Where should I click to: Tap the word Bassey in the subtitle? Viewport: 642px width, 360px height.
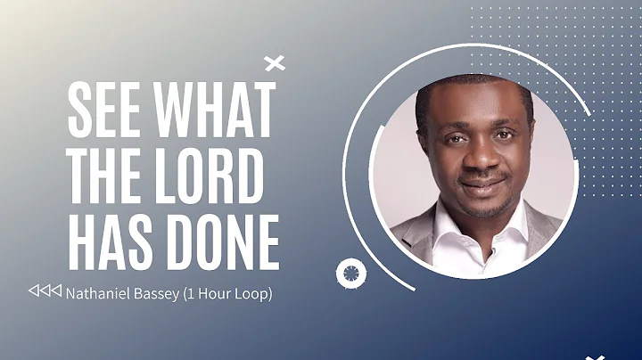155,292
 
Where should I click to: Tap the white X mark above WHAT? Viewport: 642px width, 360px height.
276,62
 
